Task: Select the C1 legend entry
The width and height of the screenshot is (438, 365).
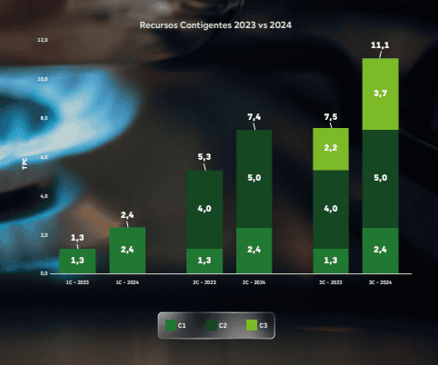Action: [x=176, y=324]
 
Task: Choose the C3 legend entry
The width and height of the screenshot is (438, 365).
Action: [x=257, y=324]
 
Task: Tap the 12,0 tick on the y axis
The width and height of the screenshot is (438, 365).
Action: [x=42, y=41]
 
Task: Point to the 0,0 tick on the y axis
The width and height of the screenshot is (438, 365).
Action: [x=43, y=272]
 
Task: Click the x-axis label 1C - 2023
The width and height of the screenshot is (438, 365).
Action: [x=76, y=283]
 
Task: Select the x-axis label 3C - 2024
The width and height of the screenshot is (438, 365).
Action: [x=380, y=283]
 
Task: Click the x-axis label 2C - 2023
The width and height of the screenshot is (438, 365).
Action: [x=204, y=283]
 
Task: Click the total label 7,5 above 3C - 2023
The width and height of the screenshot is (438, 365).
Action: [x=331, y=116]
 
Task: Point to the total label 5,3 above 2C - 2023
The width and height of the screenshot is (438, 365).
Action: [x=204, y=157]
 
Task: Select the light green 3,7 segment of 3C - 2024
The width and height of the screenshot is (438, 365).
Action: [x=381, y=94]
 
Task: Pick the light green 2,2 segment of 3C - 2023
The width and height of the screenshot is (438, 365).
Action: [x=331, y=149]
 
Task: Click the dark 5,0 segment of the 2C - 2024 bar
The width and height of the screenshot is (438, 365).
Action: [x=254, y=178]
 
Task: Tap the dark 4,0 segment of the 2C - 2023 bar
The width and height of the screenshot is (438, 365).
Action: [x=204, y=209]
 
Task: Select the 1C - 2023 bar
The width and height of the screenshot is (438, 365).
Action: [x=77, y=261]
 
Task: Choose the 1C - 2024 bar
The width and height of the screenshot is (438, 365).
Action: [x=127, y=250]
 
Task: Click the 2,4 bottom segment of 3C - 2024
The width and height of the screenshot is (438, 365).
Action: [x=381, y=250]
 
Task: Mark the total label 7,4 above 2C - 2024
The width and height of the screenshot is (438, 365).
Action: [x=254, y=117]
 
